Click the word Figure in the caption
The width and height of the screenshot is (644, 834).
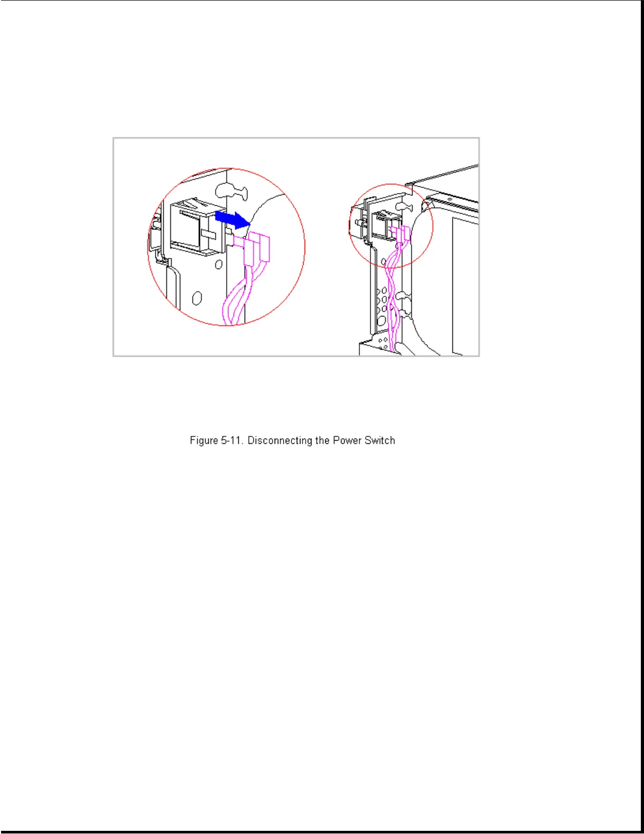coord(204,441)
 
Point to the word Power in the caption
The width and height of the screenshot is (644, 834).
coord(347,441)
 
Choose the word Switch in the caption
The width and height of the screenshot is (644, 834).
coord(379,441)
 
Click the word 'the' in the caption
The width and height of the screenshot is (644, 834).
coord(322,441)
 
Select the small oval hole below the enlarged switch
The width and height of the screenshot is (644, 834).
coord(218,264)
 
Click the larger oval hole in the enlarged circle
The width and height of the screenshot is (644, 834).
coord(197,299)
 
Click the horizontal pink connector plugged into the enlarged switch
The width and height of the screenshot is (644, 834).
coord(239,242)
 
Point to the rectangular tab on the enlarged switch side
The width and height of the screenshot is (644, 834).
coord(208,232)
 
